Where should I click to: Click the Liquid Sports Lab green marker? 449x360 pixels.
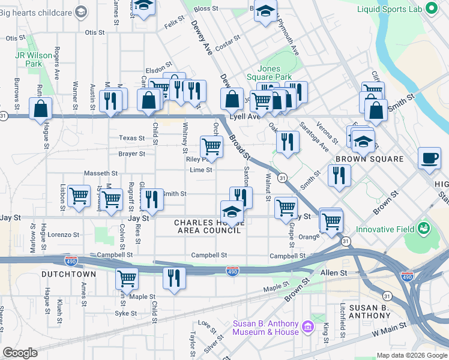tap(430, 8)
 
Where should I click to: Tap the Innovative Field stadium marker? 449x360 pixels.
tap(424, 229)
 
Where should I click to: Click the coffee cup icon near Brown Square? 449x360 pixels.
tap(429, 158)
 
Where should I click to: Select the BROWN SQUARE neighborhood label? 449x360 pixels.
tap(369, 159)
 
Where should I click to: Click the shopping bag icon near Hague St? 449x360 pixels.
tap(40, 109)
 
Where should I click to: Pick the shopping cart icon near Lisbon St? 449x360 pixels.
tap(79, 196)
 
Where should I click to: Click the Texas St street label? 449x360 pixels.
tap(131, 137)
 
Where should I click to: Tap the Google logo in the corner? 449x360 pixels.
tap(20, 353)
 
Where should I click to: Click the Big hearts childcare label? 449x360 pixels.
tap(36, 12)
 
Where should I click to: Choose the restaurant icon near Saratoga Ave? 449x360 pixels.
tap(288, 142)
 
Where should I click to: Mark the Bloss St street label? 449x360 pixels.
tap(205, 8)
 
